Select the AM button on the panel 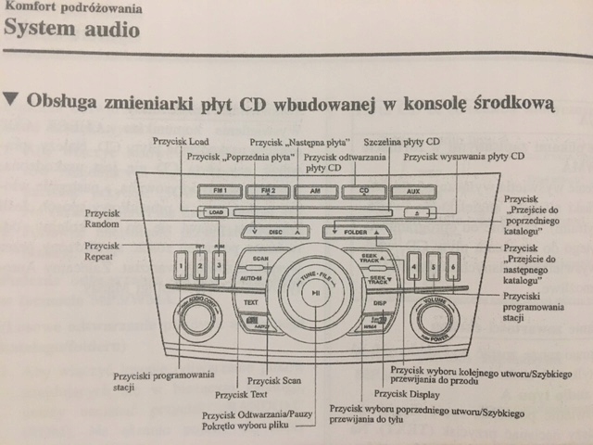tap(316, 193)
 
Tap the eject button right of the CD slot tap(419, 212)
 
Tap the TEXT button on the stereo tap(250, 302)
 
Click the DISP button tap(380, 302)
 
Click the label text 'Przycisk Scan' tap(275, 380)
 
